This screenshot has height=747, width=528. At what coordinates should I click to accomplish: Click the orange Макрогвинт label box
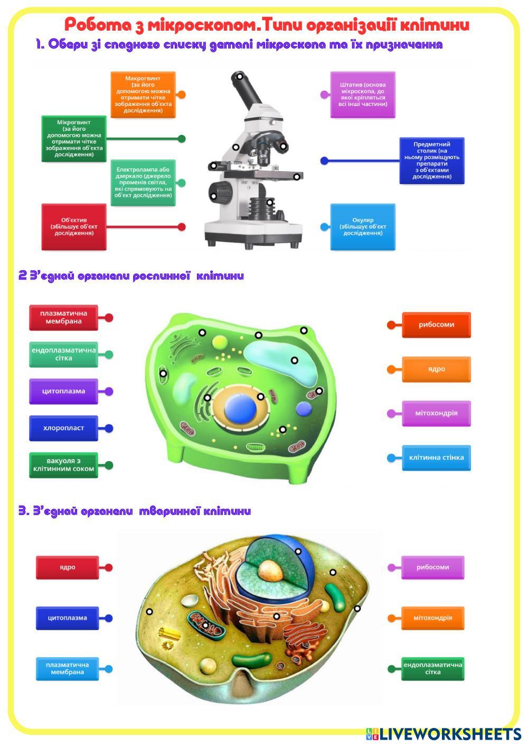pos(142,95)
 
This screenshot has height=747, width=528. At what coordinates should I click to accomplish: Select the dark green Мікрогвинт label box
pos(74,138)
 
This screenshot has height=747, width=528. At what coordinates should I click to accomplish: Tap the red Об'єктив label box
pos(74,227)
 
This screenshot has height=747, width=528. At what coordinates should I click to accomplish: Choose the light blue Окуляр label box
pos(363,227)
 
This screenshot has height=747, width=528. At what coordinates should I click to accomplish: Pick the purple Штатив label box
pos(363,95)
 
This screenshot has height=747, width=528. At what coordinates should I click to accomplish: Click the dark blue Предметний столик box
pos(431,160)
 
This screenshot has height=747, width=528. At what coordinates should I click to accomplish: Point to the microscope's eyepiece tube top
pos(239,77)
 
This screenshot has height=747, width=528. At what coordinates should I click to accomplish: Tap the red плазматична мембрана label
pos(63,318)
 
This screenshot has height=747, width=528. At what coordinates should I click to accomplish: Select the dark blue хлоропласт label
pos(63,428)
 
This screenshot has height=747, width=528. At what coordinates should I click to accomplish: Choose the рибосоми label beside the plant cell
pos(436,324)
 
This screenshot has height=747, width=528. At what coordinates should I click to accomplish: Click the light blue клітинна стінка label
pos(436,457)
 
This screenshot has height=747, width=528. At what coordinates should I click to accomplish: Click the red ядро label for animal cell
pos(67,567)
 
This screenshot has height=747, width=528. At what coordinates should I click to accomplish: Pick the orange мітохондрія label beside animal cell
pos(432,618)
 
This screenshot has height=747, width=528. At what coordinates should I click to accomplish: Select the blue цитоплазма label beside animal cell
pos(67,618)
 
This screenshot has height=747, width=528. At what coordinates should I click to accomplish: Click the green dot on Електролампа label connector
pos(182,183)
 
